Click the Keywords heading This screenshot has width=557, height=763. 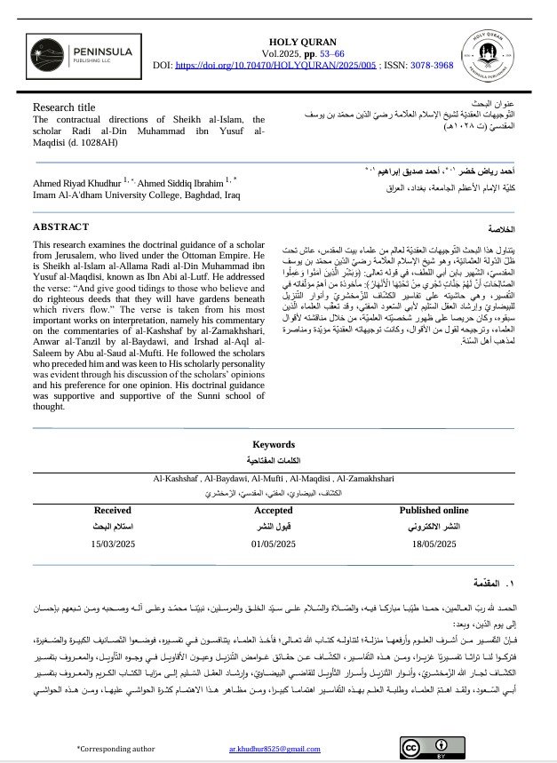273,444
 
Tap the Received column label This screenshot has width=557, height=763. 112,511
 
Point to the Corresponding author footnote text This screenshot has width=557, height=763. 115,749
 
